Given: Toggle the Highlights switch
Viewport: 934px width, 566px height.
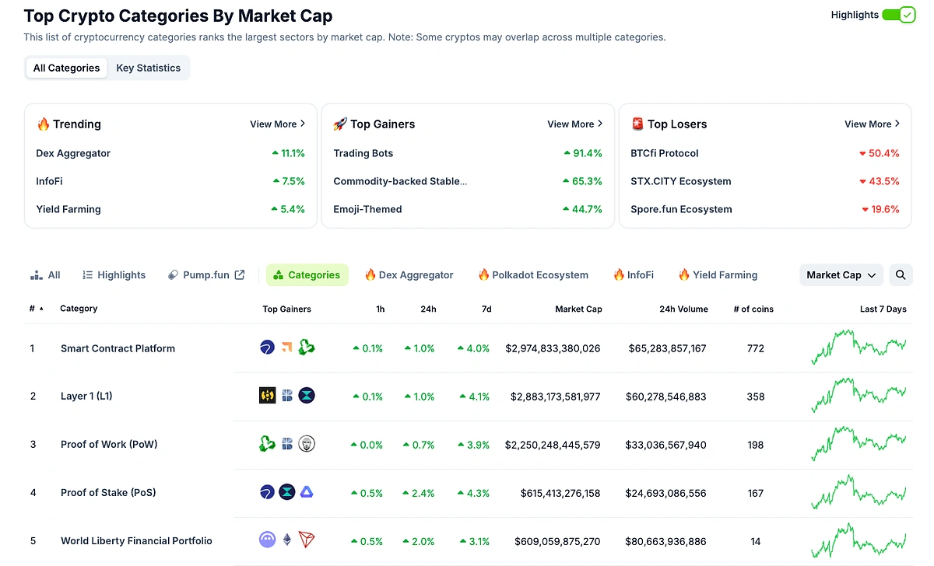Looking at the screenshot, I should (898, 15).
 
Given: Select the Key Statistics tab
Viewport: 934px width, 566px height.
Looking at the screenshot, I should (148, 68).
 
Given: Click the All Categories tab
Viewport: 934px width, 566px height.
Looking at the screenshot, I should (66, 68).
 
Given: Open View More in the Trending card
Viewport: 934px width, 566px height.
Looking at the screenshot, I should (277, 124).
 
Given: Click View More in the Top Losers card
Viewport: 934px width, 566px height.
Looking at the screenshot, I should (872, 124).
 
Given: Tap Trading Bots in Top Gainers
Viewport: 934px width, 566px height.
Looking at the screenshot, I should (363, 153).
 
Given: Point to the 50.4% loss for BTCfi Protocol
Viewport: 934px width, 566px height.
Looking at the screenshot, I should (880, 153).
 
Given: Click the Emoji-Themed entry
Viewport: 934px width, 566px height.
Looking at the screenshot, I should (367, 209).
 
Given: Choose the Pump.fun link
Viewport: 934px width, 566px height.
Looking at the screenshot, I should (206, 274).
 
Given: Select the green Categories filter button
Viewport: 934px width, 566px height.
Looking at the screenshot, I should (307, 274).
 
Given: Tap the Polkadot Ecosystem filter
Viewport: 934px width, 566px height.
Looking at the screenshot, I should (533, 274).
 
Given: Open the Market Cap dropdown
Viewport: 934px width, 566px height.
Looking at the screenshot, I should (841, 274).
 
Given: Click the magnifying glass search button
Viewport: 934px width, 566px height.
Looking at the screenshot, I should (901, 274).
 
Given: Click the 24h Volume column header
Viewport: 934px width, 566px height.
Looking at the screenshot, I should (683, 309).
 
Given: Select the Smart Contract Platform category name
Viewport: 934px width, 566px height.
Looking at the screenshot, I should (118, 348).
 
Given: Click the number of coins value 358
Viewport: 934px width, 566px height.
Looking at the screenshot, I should (755, 397).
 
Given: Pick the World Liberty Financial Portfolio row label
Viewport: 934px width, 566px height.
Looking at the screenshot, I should (136, 541).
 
